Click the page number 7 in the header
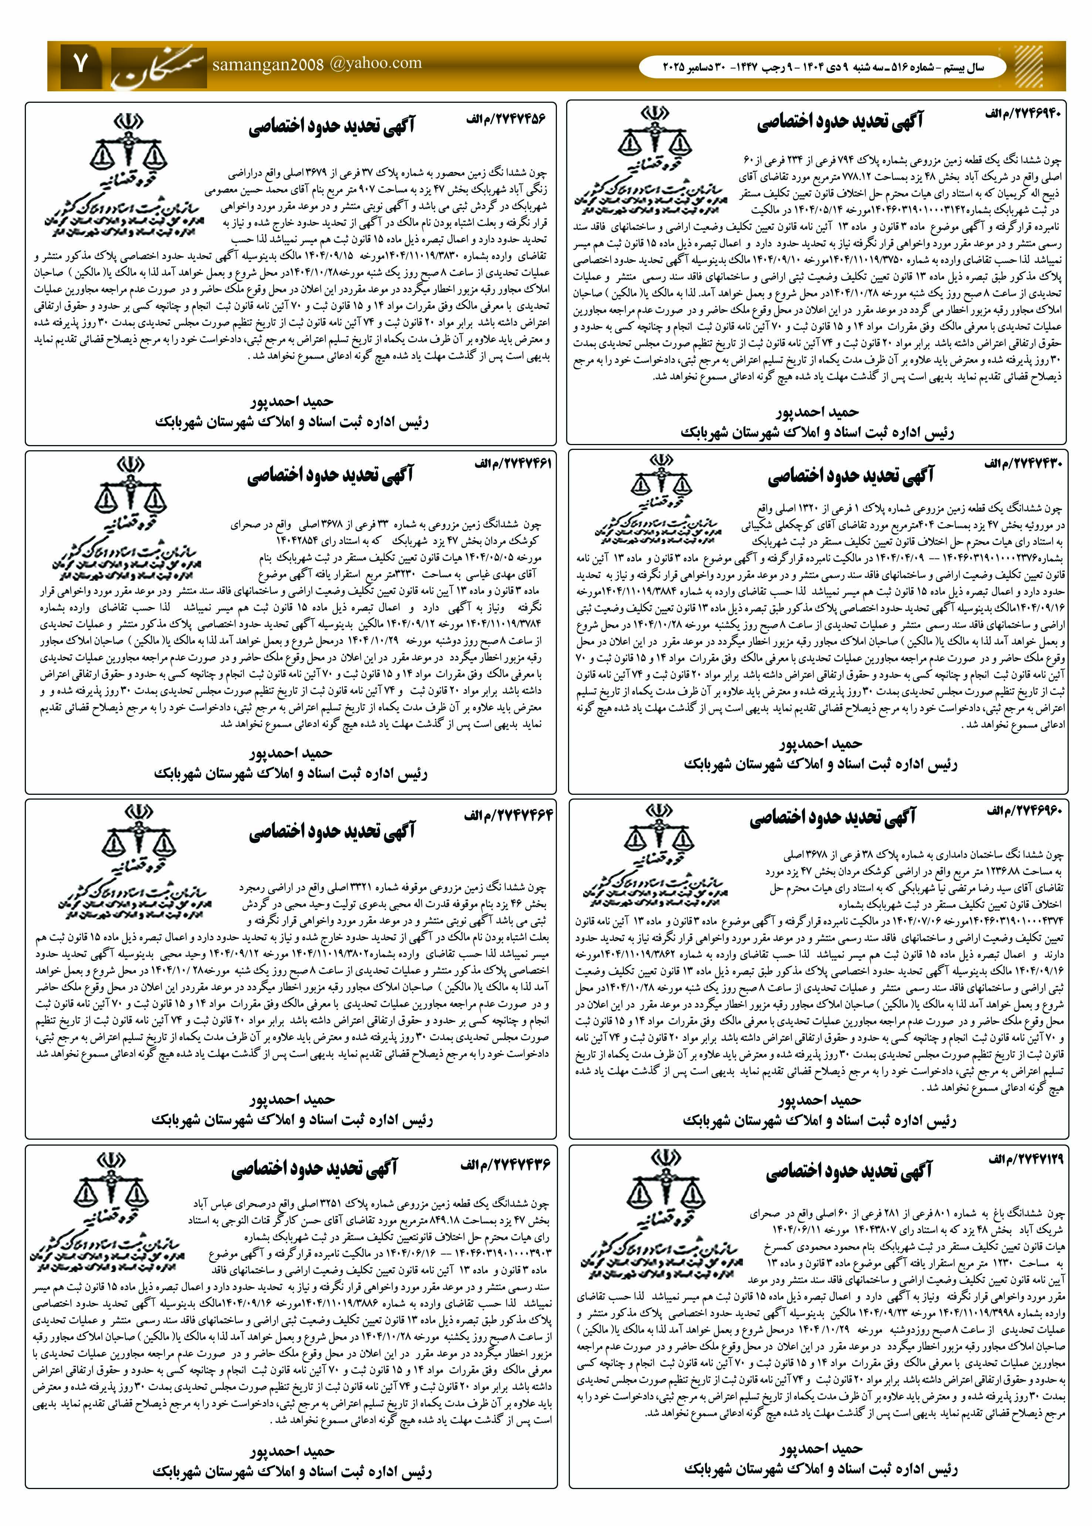[x=81, y=65]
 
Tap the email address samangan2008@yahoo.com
[x=317, y=64]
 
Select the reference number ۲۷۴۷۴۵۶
[x=506, y=119]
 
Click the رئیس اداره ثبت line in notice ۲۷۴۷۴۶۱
[x=291, y=773]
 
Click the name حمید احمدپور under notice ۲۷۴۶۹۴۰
[x=816, y=411]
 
